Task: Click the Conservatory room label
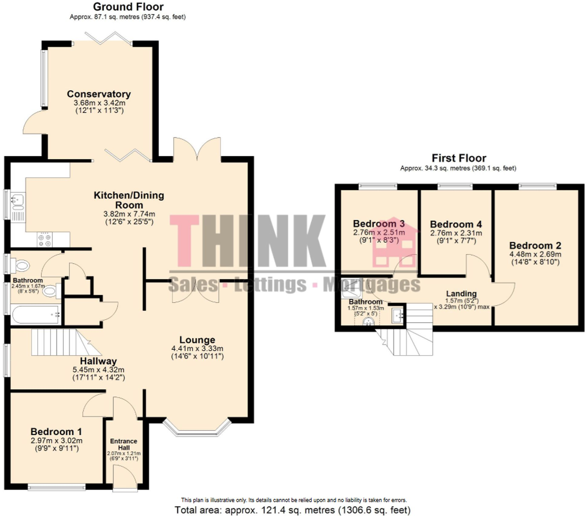pyautogui.click(x=99, y=94)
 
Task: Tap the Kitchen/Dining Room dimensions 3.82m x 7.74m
pyautogui.click(x=129, y=214)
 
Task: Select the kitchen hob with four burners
pyautogui.click(x=45, y=239)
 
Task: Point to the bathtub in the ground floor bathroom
pyautogui.click(x=35, y=315)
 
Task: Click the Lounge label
pyautogui.click(x=197, y=340)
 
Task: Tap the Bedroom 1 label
pyautogui.click(x=56, y=431)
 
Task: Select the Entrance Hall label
pyautogui.click(x=124, y=444)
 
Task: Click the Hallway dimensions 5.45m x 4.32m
pyautogui.click(x=99, y=370)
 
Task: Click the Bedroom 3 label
pyautogui.click(x=379, y=224)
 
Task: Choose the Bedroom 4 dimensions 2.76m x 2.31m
pyautogui.click(x=456, y=233)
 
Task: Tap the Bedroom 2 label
pyautogui.click(x=535, y=245)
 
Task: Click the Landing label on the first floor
pyautogui.click(x=461, y=294)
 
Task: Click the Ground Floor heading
pyautogui.click(x=128, y=7)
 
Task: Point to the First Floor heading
pyautogui.click(x=459, y=158)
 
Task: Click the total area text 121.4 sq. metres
pyautogui.click(x=293, y=510)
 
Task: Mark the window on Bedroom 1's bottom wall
pyautogui.click(x=56, y=488)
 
